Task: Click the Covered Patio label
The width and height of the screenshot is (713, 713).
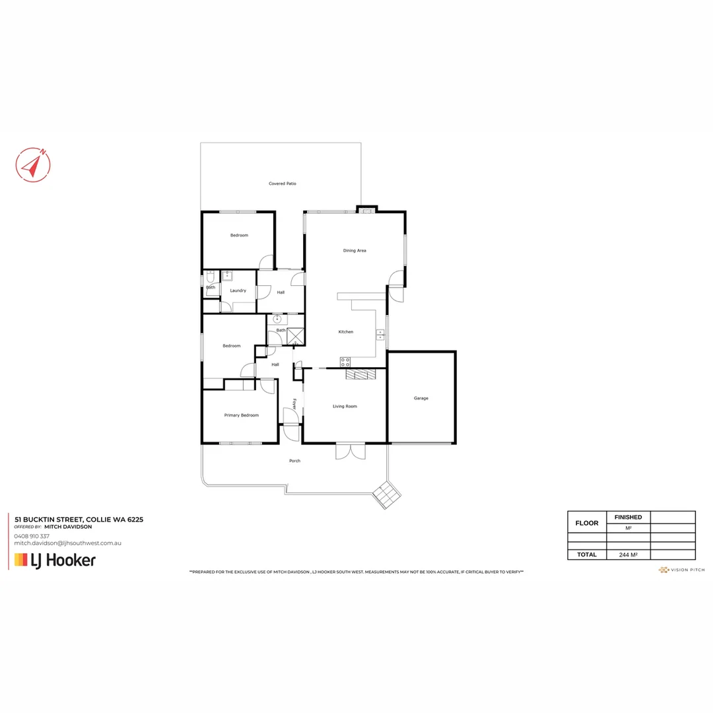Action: (282, 184)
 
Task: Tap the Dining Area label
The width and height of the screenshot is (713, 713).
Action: (355, 251)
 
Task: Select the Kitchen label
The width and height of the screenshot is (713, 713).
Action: (346, 331)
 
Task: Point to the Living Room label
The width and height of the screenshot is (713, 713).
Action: (344, 406)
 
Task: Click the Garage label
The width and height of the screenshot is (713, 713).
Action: (421, 398)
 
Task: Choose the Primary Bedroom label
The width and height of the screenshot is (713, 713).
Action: (241, 415)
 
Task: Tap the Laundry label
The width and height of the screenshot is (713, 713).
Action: (238, 290)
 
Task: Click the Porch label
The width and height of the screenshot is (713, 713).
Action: (294, 461)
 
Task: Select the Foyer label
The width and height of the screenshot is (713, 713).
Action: (295, 404)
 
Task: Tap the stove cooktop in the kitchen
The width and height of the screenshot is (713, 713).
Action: (345, 362)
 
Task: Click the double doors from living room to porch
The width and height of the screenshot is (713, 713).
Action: (351, 451)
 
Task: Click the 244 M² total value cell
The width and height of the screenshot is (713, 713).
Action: (628, 555)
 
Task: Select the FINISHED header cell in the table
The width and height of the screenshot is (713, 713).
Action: (628, 517)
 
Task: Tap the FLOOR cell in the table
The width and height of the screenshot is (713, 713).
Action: (587, 523)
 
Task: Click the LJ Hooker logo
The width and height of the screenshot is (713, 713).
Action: (55, 560)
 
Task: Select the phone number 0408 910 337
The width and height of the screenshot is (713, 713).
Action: (32, 536)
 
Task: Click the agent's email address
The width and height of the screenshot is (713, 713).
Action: (67, 543)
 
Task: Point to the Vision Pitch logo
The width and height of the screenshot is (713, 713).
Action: (681, 570)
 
